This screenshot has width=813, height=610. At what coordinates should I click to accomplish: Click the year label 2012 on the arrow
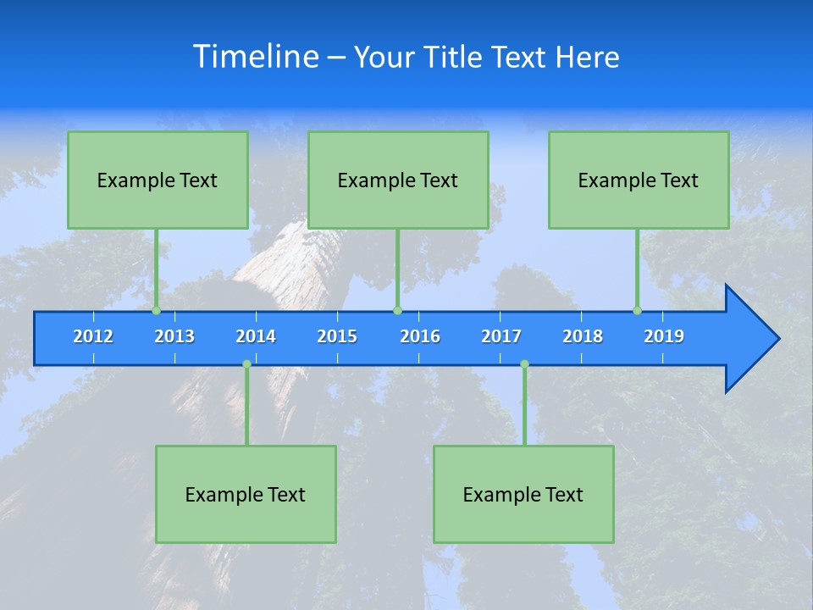tap(93, 336)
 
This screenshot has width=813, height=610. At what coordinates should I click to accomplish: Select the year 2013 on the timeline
tap(174, 336)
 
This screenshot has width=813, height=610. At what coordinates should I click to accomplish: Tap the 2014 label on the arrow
tap(256, 336)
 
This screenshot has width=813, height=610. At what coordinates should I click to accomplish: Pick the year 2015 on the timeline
tap(337, 336)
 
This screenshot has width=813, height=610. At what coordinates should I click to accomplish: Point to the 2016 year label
tap(420, 336)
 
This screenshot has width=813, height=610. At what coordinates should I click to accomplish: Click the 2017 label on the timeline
tap(501, 336)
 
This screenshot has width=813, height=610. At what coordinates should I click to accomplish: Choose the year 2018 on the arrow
tap(583, 336)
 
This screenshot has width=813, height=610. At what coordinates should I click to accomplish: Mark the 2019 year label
tap(664, 336)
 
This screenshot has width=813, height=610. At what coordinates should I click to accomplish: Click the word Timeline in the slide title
tap(256, 57)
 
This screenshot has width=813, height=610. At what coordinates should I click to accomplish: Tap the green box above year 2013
tap(158, 180)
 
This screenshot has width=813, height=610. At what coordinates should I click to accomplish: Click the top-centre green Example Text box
tap(398, 180)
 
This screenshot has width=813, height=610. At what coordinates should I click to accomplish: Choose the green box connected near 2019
tap(639, 180)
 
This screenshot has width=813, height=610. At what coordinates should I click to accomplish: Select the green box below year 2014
tap(246, 494)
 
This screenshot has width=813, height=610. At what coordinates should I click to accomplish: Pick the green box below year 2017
tap(523, 494)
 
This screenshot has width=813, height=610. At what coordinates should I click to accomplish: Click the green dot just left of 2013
tap(156, 311)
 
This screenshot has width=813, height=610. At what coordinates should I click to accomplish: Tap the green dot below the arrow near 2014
tap(246, 364)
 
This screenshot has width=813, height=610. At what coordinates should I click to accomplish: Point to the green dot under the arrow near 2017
tap(524, 364)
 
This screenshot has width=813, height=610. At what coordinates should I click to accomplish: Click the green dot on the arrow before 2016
tap(397, 311)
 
